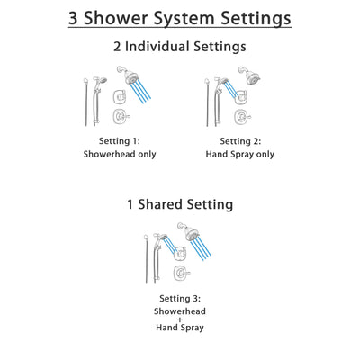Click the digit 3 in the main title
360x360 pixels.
click(x=76, y=18)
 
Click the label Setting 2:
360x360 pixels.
click(x=243, y=141)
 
